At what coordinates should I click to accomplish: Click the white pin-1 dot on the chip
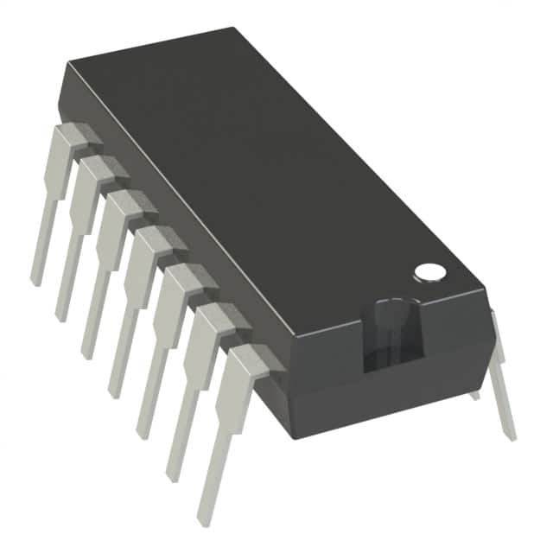click(429, 272)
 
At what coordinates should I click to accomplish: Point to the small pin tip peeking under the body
click(474, 395)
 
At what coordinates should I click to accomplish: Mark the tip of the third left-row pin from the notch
click(143, 431)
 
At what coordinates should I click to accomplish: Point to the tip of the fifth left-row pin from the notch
click(87, 353)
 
